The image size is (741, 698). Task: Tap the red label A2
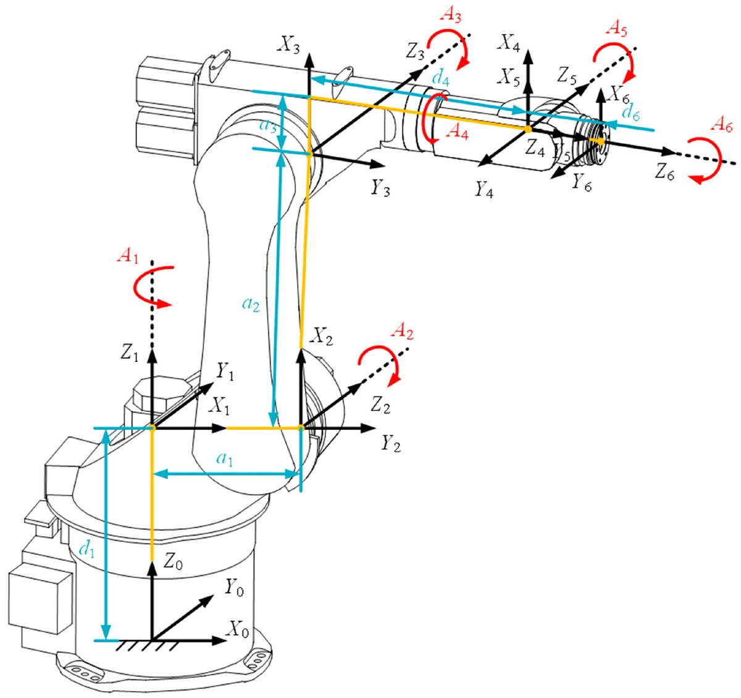click(x=403, y=334)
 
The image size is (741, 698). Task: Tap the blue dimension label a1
click(x=225, y=458)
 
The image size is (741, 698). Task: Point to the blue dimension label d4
click(x=441, y=78)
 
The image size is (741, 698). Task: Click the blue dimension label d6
click(x=631, y=112)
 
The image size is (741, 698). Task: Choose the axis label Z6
click(x=665, y=173)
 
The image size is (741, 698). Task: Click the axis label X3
click(x=289, y=44)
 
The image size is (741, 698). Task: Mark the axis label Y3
click(x=380, y=188)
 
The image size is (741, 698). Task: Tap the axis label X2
click(x=322, y=337)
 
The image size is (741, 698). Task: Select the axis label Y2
click(x=390, y=443)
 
